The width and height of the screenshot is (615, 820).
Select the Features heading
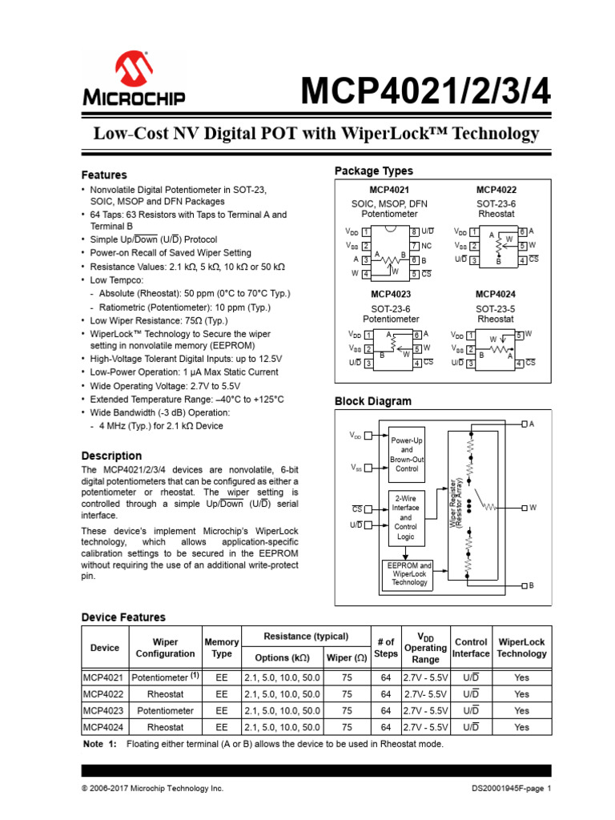tap(104, 175)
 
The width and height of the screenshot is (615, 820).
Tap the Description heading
tap(111, 456)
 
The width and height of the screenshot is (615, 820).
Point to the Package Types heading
tap(373, 171)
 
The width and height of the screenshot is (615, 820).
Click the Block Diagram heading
tap(372, 401)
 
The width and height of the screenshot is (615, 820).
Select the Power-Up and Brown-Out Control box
tap(408, 455)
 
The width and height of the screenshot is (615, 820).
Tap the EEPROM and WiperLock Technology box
tap(409, 573)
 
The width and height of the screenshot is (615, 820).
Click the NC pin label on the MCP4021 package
tap(426, 245)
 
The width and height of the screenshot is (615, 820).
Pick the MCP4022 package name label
tap(496, 190)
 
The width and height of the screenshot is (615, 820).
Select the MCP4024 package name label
tap(496, 294)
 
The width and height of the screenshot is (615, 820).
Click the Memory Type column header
tap(221, 648)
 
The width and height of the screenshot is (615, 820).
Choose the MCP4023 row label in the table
tap(104, 710)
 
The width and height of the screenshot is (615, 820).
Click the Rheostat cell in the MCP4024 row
tap(165, 727)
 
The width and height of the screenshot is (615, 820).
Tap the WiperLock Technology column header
tap(521, 648)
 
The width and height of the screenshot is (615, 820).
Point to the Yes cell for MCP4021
tap(521, 677)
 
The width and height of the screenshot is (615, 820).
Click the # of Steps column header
tap(385, 648)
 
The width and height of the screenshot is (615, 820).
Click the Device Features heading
tap(123, 617)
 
